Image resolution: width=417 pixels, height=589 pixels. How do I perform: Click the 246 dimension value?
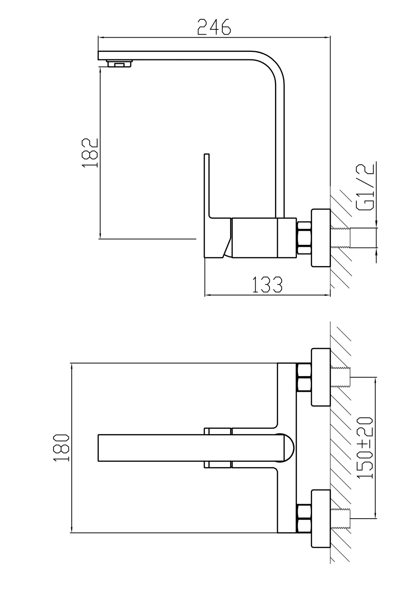pyautogui.click(x=214, y=27)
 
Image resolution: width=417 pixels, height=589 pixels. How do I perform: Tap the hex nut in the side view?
pyautogui.click(x=304, y=239)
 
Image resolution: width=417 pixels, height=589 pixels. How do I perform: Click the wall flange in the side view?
pyautogui.click(x=321, y=239)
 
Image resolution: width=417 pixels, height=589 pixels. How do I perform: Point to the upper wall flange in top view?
pyautogui.click(x=321, y=377)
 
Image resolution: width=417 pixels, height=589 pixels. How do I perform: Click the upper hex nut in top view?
pyautogui.click(x=304, y=378)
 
